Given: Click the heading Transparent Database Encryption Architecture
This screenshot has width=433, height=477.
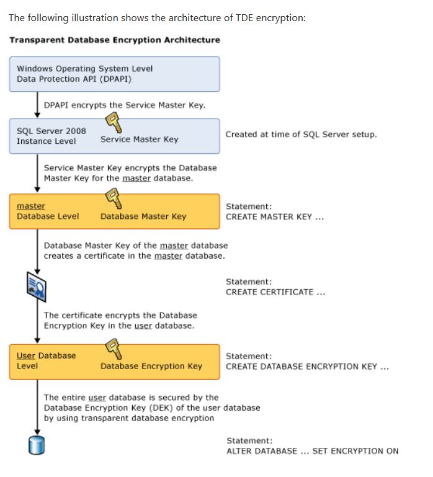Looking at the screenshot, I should (114, 40).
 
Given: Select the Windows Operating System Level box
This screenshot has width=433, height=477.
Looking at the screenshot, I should (114, 74).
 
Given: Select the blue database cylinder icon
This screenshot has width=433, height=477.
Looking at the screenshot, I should (36, 445).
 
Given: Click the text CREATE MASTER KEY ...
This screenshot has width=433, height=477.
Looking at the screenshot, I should (274, 217).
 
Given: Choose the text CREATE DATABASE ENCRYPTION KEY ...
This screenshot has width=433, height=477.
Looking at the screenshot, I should (307, 367).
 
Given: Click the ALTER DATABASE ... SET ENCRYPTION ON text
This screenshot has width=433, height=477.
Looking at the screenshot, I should (312, 451).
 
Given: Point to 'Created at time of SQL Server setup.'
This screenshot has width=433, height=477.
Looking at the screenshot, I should (301, 134).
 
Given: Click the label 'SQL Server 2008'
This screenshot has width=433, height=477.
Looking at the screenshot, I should (51, 131).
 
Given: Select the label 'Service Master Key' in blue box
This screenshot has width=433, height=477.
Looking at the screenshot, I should (139, 140).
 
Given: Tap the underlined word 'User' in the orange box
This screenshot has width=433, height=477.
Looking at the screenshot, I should (26, 355).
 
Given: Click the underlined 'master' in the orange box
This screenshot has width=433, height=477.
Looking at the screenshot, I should (31, 206).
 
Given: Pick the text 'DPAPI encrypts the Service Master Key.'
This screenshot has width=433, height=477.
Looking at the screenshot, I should (125, 105).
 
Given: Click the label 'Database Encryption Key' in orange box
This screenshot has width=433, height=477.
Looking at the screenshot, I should (151, 366).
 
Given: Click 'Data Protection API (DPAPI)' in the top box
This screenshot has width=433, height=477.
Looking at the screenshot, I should (74, 79).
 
